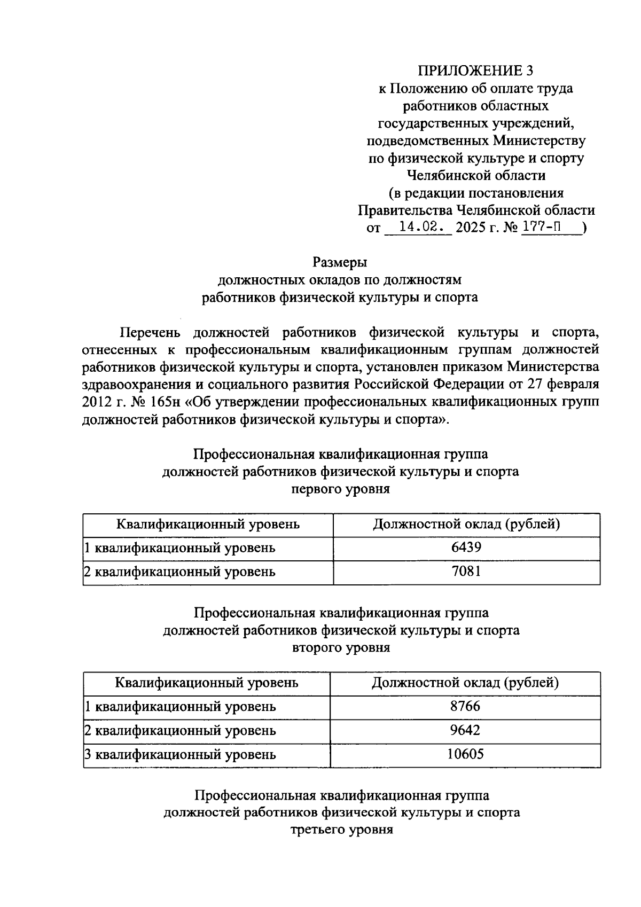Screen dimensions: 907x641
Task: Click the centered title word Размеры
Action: coord(340,263)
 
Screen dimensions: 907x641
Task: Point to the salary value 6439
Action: coord(466,548)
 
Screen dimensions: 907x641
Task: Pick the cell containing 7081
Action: coord(466,572)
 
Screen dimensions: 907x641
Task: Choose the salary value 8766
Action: coord(465,706)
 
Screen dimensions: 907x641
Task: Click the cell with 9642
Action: coord(465,730)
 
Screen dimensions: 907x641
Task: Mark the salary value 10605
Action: coord(465,754)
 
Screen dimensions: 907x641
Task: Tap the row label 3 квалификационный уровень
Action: coord(181,755)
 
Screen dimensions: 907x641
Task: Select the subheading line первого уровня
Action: coord(340,489)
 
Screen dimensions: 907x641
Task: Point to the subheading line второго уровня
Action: coord(341,647)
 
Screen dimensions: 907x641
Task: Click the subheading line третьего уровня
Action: coord(341,830)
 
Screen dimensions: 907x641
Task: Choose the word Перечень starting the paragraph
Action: coord(150,332)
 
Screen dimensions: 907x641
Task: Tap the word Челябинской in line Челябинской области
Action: coord(448,175)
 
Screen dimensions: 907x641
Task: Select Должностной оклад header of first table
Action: coord(466,524)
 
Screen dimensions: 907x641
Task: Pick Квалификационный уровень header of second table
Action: coord(207,683)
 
